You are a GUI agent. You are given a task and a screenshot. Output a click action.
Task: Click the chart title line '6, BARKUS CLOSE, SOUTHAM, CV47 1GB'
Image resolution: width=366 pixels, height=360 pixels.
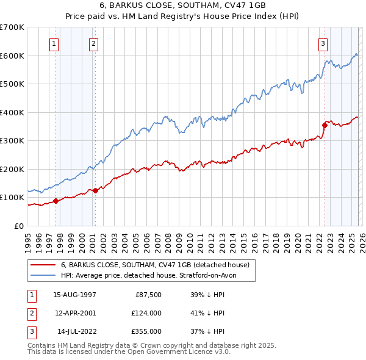(183, 6)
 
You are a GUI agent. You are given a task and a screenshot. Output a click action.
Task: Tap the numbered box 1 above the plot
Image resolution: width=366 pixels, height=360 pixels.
(54, 43)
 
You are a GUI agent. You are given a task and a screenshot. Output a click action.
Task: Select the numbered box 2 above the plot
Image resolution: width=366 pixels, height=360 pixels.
(93, 43)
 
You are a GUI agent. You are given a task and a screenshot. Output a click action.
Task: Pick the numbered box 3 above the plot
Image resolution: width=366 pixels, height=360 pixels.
(323, 43)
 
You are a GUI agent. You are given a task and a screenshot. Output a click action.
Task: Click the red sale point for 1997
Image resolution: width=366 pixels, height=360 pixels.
(56, 201)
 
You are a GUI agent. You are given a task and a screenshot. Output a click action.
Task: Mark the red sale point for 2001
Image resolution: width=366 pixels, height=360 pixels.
(95, 190)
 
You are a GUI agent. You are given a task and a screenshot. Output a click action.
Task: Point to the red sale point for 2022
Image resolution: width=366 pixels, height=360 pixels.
(325, 125)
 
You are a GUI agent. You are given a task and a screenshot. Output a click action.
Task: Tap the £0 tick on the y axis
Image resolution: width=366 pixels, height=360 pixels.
(20, 226)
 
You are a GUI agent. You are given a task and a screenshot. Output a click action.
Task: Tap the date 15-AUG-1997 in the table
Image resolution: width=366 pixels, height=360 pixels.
(74, 294)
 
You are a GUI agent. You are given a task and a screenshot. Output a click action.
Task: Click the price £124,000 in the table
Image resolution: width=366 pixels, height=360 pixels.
(146, 313)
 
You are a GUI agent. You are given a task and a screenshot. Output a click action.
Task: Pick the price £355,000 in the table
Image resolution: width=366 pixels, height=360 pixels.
(146, 331)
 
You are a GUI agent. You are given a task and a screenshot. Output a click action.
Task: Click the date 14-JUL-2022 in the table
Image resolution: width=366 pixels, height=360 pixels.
(74, 331)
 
